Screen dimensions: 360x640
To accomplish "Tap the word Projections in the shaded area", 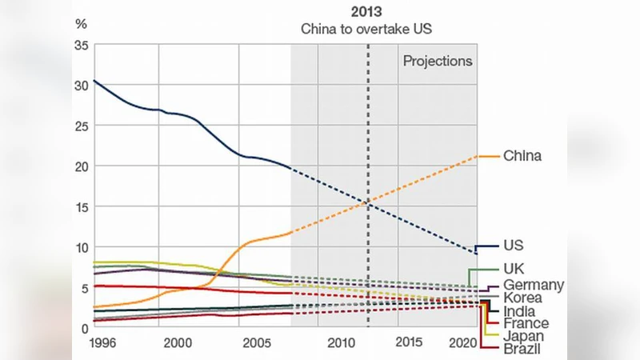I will (438, 61).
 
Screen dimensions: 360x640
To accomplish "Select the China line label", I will (522, 155).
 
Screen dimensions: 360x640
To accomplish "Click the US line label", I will (513, 246).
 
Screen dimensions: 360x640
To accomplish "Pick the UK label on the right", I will (514, 269).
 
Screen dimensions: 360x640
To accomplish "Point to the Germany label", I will (534, 285).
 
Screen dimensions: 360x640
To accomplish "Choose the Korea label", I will (522, 298).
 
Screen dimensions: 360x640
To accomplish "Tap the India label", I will (520, 311).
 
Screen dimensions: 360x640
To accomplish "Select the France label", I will (526, 324).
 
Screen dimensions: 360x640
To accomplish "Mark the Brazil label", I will (522, 350).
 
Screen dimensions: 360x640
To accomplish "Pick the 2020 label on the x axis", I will (463, 342).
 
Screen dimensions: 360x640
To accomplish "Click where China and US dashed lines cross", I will (368, 202).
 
